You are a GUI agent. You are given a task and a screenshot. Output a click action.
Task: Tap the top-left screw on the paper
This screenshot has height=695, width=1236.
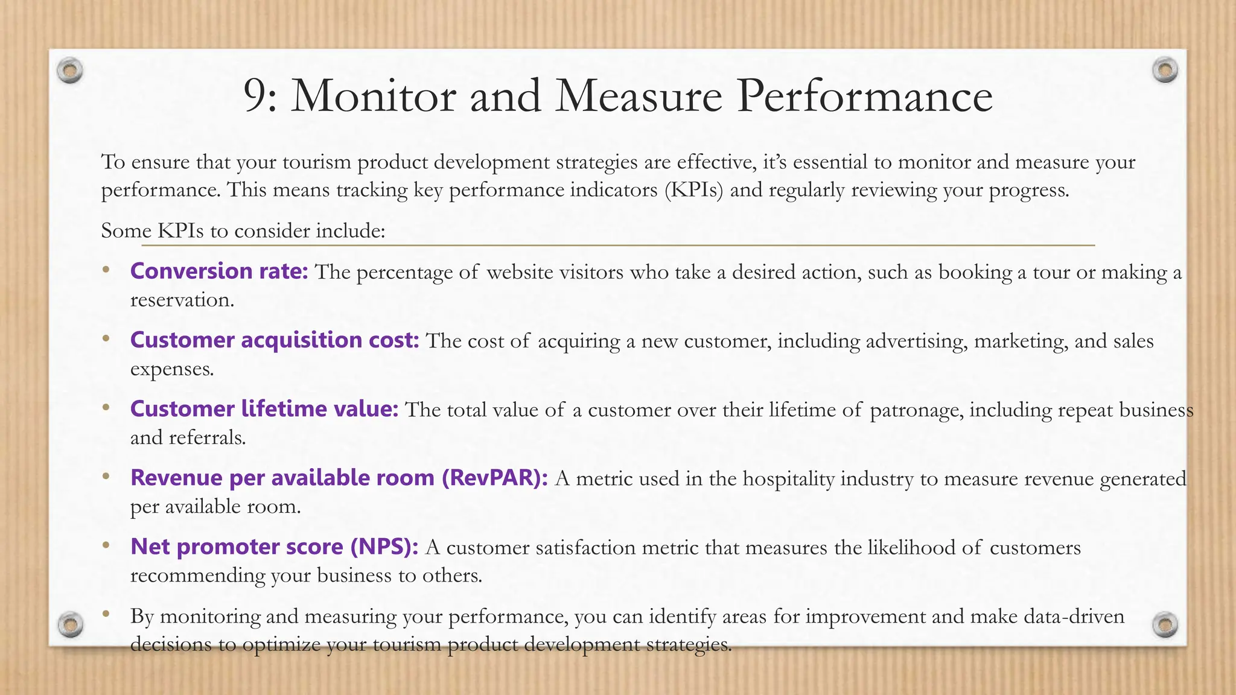[x=70, y=71]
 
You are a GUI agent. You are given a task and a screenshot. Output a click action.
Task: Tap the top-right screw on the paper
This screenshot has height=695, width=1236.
[x=1165, y=70]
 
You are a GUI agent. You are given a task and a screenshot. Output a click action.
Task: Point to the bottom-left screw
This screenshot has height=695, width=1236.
[x=70, y=624]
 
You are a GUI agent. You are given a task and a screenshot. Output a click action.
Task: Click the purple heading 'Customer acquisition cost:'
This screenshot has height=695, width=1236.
[x=275, y=340]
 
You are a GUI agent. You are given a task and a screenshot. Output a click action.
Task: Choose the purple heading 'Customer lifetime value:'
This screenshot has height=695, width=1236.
[x=264, y=409]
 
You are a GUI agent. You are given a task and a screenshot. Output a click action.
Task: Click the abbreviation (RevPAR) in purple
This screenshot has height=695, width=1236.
[x=495, y=478]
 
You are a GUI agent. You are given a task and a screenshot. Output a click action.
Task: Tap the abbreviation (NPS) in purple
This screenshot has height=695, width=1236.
[x=384, y=547]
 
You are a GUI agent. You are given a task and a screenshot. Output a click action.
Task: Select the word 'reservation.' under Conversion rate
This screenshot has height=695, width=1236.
[x=182, y=300]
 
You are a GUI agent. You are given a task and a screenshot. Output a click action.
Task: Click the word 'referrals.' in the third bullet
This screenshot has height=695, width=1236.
[x=208, y=437]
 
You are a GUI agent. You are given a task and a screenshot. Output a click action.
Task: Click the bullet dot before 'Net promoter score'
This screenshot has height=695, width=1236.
[x=106, y=545]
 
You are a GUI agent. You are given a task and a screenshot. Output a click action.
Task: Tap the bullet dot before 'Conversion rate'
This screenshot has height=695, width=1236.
[x=106, y=270]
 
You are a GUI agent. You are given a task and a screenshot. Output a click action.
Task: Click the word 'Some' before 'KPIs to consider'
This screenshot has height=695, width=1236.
[x=126, y=230]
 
